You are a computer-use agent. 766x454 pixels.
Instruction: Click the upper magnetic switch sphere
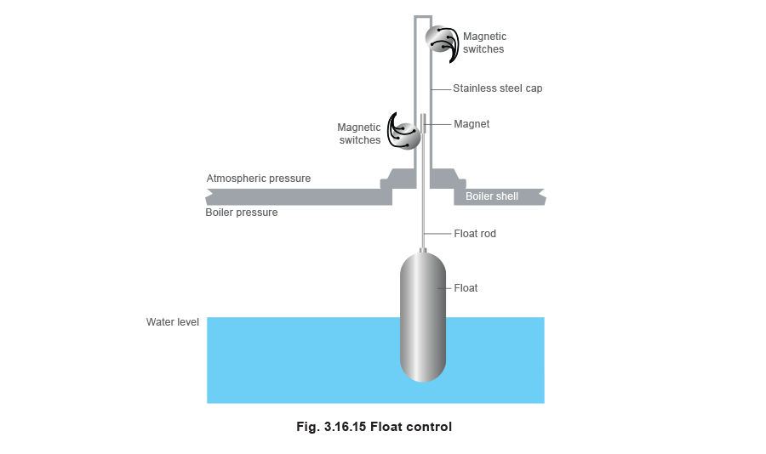(440, 40)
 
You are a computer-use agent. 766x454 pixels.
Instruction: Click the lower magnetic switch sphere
(408, 134)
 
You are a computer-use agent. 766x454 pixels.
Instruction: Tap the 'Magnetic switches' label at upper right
(484, 43)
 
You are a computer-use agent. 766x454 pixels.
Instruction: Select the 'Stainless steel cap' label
(498, 88)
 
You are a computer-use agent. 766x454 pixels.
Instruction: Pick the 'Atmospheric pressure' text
(259, 179)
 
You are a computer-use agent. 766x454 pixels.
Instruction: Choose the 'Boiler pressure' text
(242, 213)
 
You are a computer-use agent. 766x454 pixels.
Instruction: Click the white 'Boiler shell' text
(491, 196)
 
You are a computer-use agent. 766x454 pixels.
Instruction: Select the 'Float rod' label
(475, 233)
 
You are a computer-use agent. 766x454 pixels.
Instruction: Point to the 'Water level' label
(173, 323)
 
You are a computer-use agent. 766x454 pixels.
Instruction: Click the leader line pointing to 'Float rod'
(437, 233)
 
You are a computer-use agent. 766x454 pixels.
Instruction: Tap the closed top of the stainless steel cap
(423, 17)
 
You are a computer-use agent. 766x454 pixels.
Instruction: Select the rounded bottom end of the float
(423, 374)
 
